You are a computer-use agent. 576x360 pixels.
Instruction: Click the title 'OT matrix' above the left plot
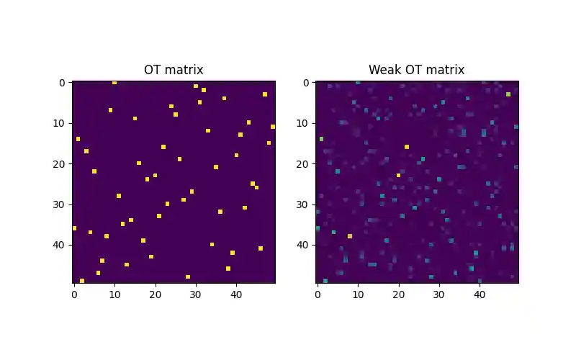174,70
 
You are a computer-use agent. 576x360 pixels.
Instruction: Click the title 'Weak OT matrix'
416,70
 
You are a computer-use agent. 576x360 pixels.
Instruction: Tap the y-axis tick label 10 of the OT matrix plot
60,123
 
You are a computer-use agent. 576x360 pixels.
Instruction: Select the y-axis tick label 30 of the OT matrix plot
60,204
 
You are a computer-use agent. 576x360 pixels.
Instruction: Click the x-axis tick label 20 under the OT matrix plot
155,294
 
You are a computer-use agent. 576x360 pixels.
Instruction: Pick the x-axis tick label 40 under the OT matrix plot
235,294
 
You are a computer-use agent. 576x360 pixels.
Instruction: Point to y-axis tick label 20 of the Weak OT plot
304,163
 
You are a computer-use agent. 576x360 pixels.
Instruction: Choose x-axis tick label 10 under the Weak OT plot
358,294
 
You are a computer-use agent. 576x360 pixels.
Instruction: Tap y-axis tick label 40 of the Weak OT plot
304,245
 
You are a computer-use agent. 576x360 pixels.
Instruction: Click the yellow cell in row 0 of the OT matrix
114,83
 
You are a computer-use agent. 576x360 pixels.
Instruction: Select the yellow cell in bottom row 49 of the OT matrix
82,281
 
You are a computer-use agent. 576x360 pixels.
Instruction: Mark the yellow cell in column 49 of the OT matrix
273,127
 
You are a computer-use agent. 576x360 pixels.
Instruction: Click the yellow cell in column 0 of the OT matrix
74,228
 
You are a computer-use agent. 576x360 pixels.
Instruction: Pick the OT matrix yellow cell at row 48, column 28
188,276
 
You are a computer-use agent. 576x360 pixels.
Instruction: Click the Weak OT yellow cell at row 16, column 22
407,147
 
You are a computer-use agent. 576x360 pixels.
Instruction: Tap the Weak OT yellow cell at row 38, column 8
350,236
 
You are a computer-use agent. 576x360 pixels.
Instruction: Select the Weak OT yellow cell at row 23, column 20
399,175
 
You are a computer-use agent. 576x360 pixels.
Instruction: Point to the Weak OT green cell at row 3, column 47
508,94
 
